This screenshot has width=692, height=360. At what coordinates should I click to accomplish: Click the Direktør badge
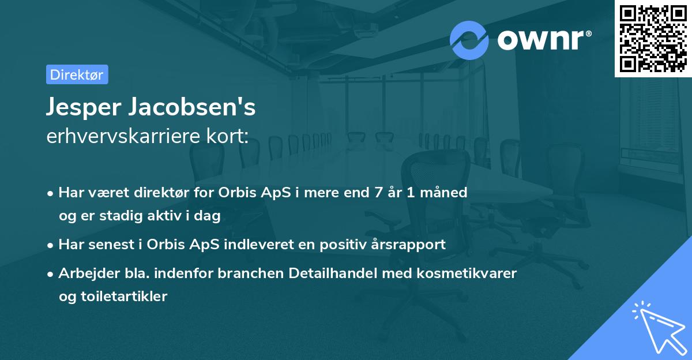pos(77,74)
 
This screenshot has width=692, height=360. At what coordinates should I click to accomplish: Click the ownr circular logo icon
pos(469,40)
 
